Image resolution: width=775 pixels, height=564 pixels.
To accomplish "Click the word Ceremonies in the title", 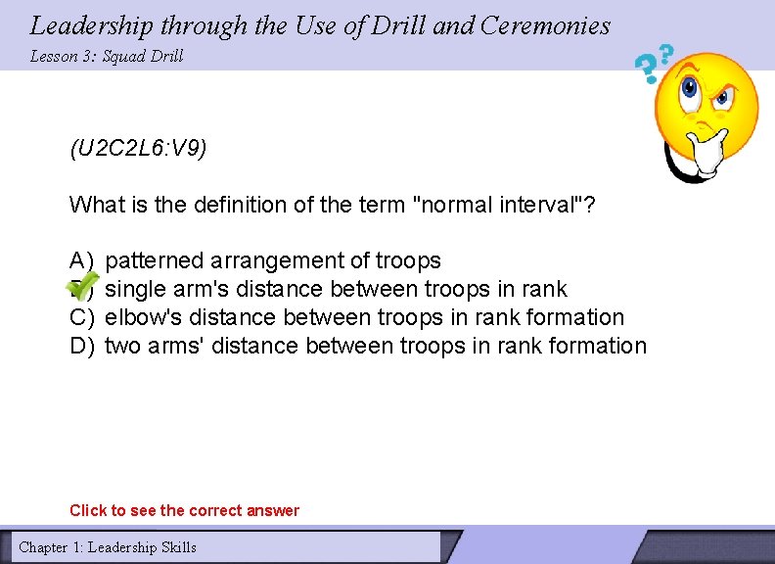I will click(x=545, y=25).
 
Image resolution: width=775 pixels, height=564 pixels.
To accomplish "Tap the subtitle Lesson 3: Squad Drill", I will click(x=107, y=56).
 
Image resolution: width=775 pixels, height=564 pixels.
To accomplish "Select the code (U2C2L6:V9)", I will click(x=138, y=149).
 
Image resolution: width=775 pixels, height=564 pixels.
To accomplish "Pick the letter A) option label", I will click(x=81, y=260).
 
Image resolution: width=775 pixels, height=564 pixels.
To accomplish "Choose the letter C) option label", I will click(x=81, y=317).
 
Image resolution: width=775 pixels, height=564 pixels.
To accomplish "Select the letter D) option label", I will click(x=81, y=346).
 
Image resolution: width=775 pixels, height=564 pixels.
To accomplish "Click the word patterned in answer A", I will click(x=154, y=260).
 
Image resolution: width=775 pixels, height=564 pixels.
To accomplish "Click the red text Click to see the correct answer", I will click(x=184, y=510).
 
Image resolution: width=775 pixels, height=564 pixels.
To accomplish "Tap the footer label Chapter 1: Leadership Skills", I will click(x=108, y=547).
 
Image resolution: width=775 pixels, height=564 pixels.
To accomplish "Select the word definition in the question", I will click(x=194, y=205).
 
